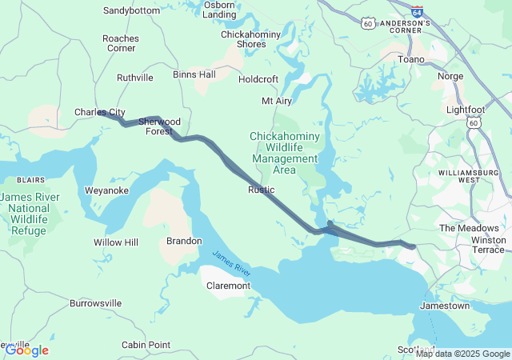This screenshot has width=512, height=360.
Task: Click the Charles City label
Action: tap(100, 113)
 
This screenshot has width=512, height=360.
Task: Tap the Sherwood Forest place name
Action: tap(159, 126)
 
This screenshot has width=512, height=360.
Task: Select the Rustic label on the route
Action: tap(262, 190)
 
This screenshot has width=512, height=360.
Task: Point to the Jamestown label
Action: tap(446, 306)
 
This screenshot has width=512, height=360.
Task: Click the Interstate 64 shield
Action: tap(417, 11)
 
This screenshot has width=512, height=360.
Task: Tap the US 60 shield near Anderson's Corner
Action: tap(367, 24)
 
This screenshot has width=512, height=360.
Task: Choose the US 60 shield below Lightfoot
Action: tap(474, 123)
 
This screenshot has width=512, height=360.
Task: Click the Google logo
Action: tap(26, 350)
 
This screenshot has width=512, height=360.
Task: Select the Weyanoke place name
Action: tap(106, 190)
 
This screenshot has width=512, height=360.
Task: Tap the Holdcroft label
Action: tap(258, 79)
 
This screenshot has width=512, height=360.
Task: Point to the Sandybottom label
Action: tap(132, 11)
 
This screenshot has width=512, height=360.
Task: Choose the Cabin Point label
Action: tap(146, 345)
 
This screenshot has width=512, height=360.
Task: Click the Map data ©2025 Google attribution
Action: tap(462, 354)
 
